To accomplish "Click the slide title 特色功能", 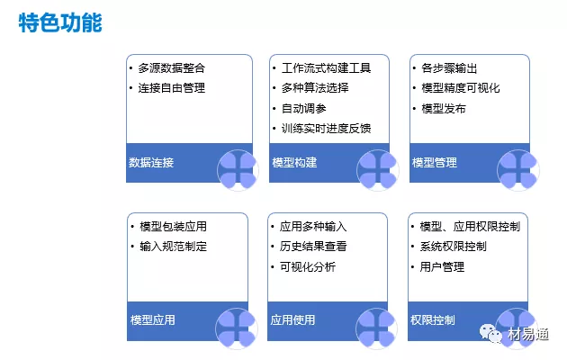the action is [60, 22].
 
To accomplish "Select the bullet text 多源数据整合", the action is [171, 68].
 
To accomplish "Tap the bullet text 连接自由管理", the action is [171, 88].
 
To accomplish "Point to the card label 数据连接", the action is [151, 162].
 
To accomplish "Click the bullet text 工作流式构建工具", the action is [326, 68].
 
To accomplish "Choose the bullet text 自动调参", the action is [304, 108].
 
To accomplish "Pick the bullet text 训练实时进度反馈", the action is [326, 129].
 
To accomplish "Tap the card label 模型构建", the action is [294, 162].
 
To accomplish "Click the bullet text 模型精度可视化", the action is [461, 88].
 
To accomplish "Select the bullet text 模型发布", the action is [444, 108].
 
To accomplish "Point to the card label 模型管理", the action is [435, 162].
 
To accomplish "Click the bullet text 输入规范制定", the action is [173, 246].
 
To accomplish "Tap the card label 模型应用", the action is [153, 319].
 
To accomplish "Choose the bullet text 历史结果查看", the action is [313, 246].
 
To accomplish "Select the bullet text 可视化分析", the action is [308, 266].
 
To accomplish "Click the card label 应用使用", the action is [292, 319].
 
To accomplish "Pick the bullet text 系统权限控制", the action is [453, 246].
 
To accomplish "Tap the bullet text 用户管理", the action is [442, 266].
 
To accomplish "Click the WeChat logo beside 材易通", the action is [490, 333].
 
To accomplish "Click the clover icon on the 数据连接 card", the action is [238, 170].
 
